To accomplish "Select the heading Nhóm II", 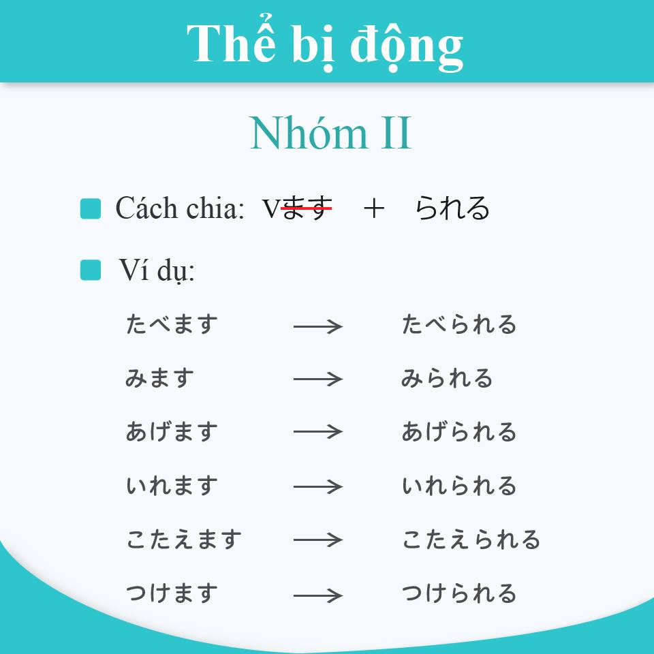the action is point(331,133).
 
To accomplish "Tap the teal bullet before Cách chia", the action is point(91,208).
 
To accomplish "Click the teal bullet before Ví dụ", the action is point(91,270).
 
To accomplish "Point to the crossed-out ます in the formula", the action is point(307,208).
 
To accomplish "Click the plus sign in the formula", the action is point(374,208).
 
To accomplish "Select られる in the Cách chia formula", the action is point(452,208).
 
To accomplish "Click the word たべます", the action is point(172,324).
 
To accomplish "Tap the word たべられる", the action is point(459,324).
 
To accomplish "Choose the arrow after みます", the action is point(318,379).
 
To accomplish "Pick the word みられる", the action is point(447,378).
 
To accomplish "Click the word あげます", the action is point(172,431).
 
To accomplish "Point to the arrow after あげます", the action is point(318,432).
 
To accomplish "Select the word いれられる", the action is point(459,486).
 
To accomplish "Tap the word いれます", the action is point(172,486).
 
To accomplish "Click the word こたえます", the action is point(184,540).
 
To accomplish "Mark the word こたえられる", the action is point(471,540).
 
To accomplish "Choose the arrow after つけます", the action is point(318,595).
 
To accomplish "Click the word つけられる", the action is point(459,593).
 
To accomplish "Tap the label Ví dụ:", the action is point(157,270).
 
